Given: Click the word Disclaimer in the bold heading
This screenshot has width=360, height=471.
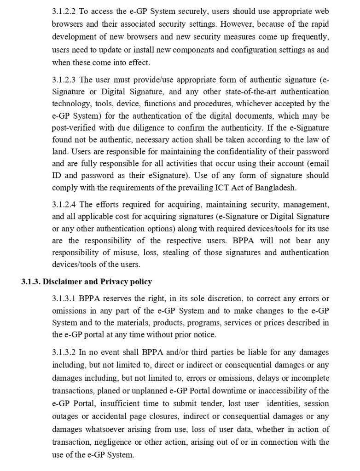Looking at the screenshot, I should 61,281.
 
